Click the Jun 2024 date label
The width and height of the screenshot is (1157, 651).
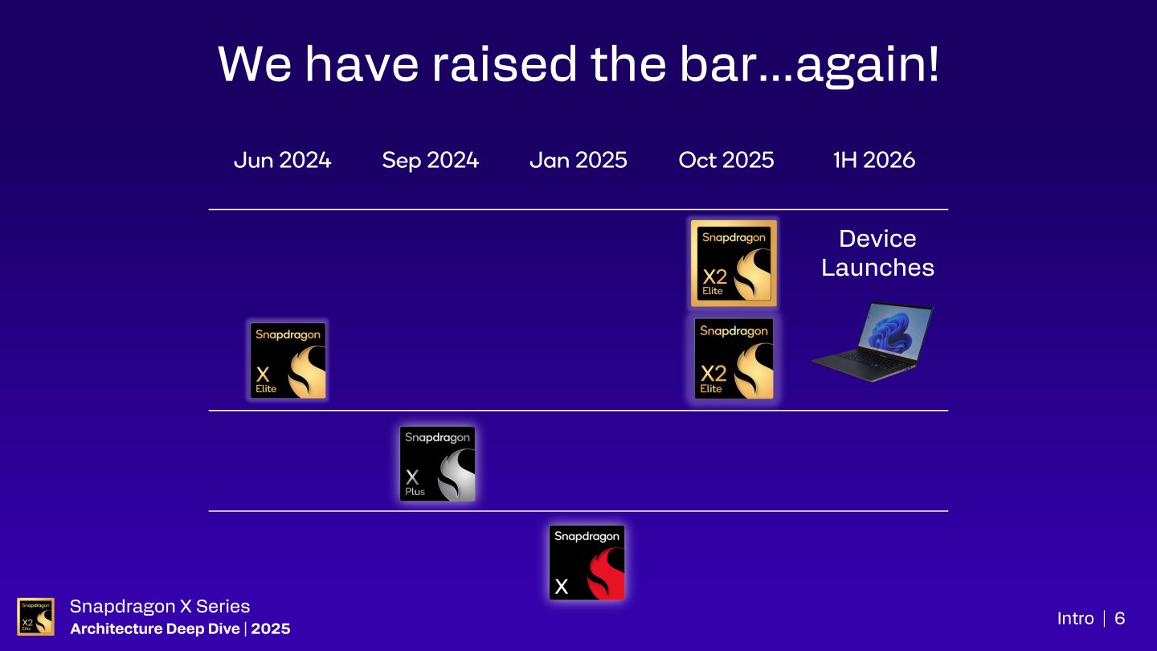282,160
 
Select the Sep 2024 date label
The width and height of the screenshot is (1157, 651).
430,160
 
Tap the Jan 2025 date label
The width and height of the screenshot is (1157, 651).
578,160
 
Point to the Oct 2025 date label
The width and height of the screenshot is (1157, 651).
726,160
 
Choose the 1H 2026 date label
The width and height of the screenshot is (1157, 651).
874,160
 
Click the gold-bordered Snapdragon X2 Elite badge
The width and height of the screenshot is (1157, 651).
734,263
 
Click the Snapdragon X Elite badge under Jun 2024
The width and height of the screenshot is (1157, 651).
288,361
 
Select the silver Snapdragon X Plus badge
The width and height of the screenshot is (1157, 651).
437,464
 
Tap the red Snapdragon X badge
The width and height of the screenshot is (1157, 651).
587,563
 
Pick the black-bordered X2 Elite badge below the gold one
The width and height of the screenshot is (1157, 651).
734,359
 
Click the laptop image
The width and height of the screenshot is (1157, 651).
873,342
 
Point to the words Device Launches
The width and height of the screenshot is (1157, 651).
877,252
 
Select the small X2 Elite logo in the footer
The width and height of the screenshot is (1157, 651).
36,616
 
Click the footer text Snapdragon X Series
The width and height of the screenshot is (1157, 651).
160,607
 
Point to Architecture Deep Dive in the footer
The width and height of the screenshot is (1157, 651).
154,628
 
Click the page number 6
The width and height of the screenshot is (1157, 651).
1120,618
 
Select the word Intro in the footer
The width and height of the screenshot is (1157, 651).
1075,618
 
